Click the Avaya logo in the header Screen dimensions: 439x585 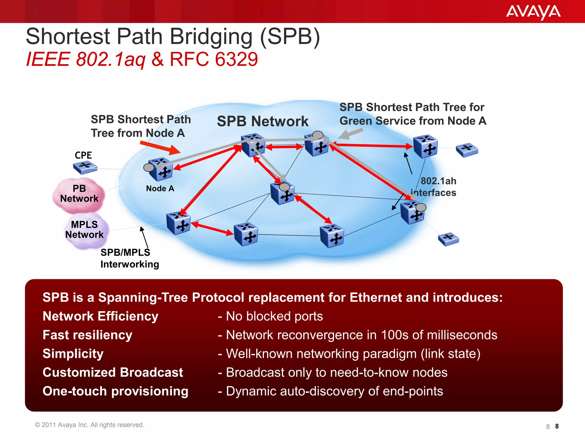[x=533, y=12]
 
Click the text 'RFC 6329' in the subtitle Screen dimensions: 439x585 [x=214, y=59]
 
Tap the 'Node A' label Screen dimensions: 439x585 [x=160, y=189]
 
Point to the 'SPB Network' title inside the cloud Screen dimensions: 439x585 [x=263, y=121]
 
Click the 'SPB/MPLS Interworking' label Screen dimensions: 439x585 [x=129, y=258]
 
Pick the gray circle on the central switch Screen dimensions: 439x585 [x=284, y=187]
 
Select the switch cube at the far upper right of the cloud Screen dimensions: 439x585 [x=426, y=146]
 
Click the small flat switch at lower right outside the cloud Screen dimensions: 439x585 [x=448, y=239]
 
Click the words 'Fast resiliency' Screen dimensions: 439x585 [x=87, y=335]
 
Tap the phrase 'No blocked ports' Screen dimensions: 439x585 [x=274, y=316]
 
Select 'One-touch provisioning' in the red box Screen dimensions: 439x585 [x=115, y=391]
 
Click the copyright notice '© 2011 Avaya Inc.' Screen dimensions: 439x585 [x=89, y=425]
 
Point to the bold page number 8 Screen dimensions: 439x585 [x=557, y=426]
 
